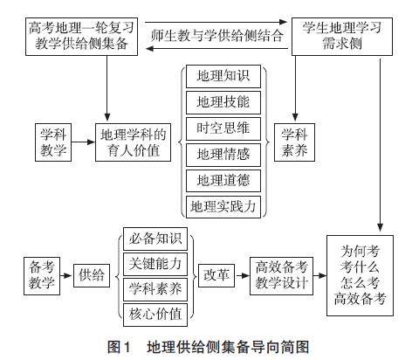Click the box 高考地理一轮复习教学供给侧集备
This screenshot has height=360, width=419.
coord(81,37)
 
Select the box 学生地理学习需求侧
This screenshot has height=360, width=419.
coord(342,37)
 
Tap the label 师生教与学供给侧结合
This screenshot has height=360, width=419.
coord(216,36)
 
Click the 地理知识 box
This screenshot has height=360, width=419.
coord(223,76)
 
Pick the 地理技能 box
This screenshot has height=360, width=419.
coord(223,102)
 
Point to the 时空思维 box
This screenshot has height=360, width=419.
coord(223,128)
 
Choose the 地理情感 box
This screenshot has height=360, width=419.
coord(223,155)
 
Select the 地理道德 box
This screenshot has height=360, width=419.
coord(223,181)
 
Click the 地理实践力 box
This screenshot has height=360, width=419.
coord(223,207)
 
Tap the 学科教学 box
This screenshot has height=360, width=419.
coord(53,142)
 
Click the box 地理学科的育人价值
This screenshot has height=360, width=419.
coord(133,142)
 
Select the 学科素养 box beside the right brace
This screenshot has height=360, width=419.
coord(294,142)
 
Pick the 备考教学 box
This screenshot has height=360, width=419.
coord(42,276)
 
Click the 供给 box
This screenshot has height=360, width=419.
coord(92,275)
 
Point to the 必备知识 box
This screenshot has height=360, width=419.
coord(155,239)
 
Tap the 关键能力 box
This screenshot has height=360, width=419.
coord(155,264)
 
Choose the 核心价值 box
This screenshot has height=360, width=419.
coord(155,315)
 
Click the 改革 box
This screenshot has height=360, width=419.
coord(216,275)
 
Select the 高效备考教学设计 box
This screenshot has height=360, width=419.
coord(281,276)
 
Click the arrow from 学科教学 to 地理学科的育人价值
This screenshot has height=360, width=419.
coord(84,142)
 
